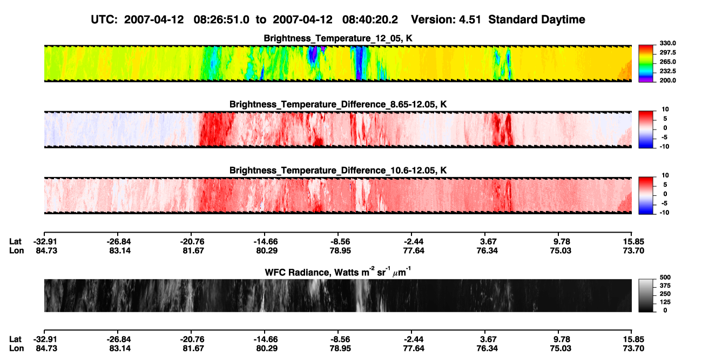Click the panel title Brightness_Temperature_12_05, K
point(338,38)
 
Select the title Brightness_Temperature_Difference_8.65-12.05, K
point(338,104)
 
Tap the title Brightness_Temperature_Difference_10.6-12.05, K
point(338,171)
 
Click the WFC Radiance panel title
point(338,272)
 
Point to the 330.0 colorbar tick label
point(667,43)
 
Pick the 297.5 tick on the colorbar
point(667,52)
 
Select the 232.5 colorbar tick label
point(667,71)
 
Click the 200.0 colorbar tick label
point(667,80)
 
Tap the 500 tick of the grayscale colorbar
point(665,277)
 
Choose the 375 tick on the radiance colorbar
point(665,286)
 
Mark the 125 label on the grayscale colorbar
point(665,302)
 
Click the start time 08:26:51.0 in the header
point(221,20)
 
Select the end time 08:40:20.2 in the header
point(370,20)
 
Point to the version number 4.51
point(470,20)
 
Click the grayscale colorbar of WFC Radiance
point(646,295)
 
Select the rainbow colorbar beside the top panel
point(646,64)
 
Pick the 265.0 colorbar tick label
point(667,62)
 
